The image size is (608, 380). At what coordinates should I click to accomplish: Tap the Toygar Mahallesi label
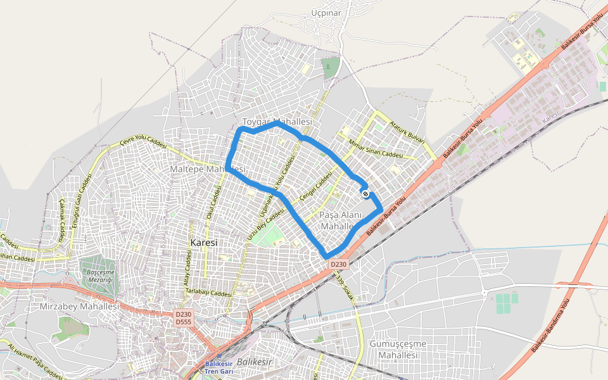click(x=278, y=122)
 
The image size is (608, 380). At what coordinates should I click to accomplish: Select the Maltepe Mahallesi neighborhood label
click(x=207, y=170)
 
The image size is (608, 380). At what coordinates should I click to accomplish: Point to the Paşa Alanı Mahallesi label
click(x=341, y=220)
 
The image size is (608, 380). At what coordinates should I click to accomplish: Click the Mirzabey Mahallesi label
click(x=79, y=307)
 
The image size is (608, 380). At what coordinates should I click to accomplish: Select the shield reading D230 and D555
click(x=183, y=318)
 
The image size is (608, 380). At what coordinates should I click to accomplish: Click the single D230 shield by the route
click(x=338, y=264)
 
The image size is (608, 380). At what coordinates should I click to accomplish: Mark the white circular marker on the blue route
click(x=365, y=193)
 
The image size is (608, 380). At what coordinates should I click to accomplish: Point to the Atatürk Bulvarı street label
click(x=406, y=131)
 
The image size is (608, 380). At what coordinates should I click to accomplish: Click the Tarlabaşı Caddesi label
click(x=208, y=292)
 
